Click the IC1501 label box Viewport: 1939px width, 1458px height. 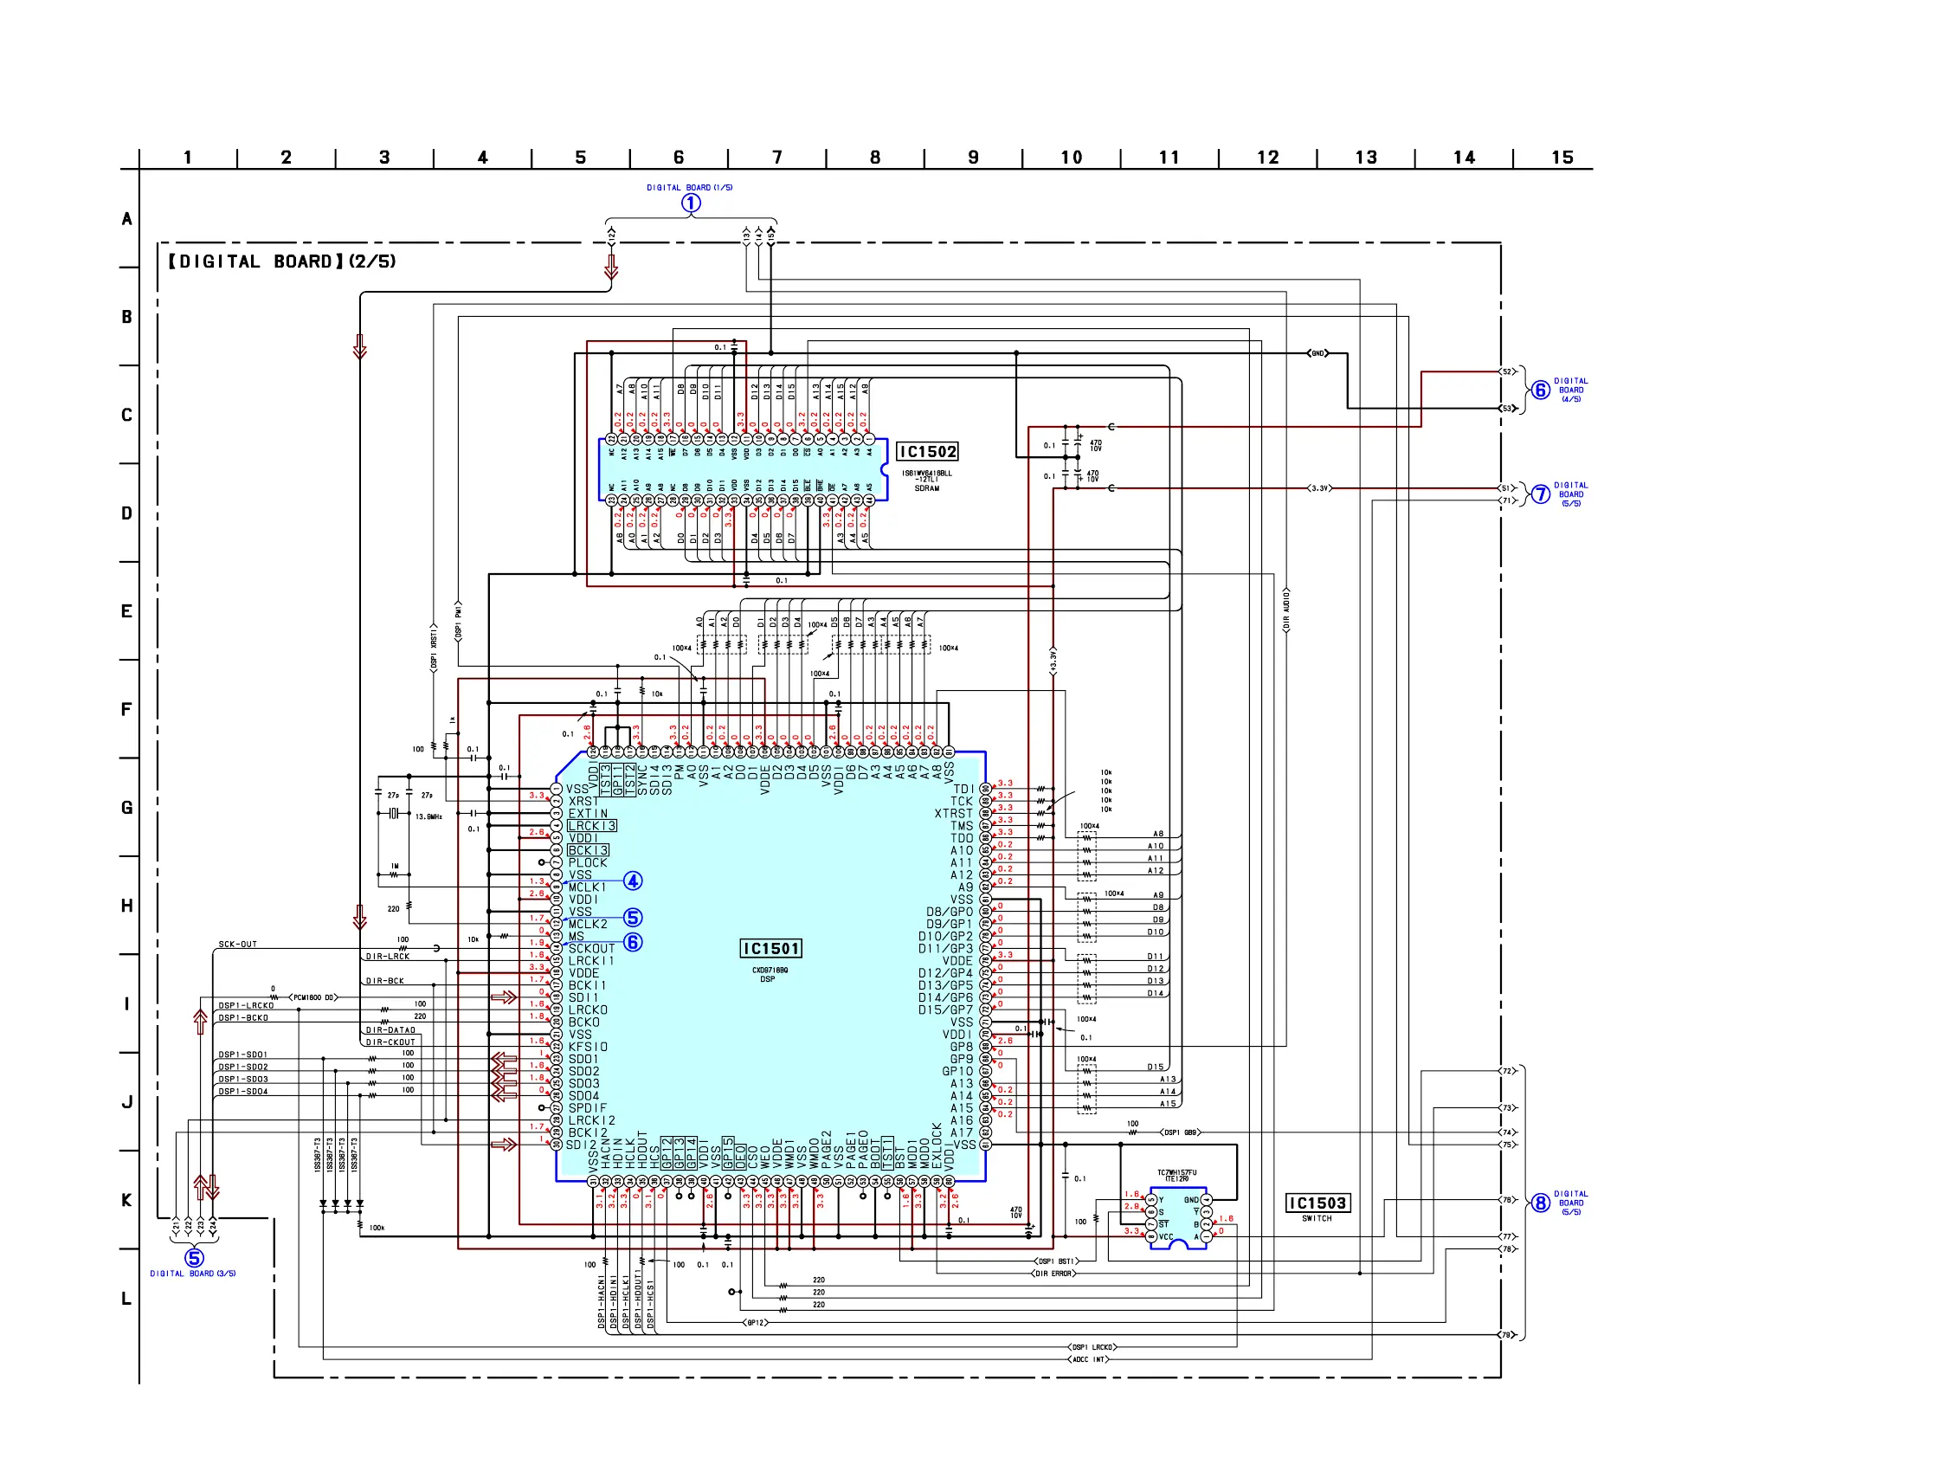click(x=770, y=949)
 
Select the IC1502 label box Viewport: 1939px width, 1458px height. click(x=926, y=452)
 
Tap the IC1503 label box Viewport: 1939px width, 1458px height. click(x=1317, y=1203)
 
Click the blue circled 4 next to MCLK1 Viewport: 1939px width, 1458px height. click(x=633, y=881)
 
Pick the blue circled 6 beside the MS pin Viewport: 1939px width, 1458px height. click(x=633, y=943)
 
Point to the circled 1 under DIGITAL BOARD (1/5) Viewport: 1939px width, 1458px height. click(x=691, y=203)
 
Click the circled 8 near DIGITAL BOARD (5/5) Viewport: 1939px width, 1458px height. click(x=1540, y=1203)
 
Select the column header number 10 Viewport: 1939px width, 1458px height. click(x=1071, y=158)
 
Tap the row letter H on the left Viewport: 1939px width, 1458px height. click(x=127, y=906)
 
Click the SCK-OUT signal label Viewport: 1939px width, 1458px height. click(x=237, y=945)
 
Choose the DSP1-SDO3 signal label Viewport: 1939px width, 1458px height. click(x=243, y=1080)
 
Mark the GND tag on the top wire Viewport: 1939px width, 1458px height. click(x=1317, y=353)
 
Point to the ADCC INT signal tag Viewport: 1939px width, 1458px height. click(x=1089, y=1360)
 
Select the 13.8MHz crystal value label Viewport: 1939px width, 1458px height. click(x=428, y=816)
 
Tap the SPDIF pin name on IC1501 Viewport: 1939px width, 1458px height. click(x=587, y=1108)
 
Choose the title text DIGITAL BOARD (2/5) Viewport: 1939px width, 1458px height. click(x=281, y=261)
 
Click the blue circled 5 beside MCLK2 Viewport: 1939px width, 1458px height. click(x=633, y=918)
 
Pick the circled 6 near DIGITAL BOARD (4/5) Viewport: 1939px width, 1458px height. click(x=1540, y=390)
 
